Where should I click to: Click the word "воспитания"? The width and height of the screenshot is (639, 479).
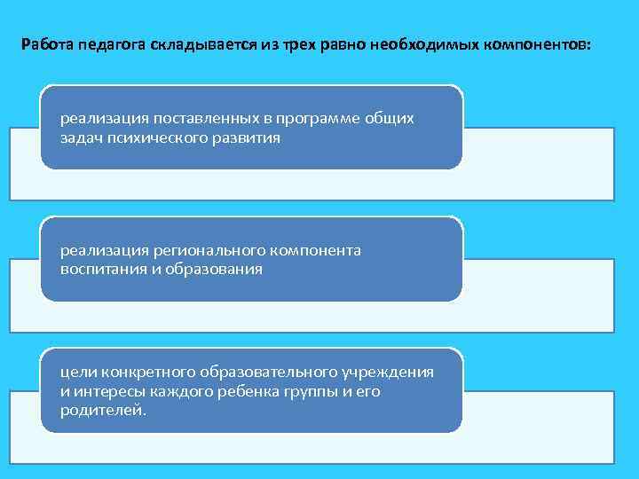coord(97,269)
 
